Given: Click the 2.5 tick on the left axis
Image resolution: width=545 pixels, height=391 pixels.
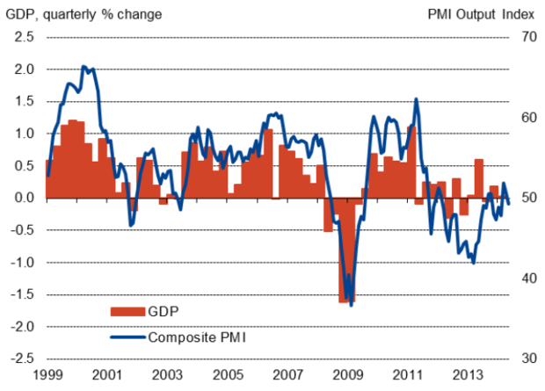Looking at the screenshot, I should pyautogui.click(x=25, y=37).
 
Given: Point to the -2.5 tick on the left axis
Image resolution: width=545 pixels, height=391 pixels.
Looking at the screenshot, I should pyautogui.click(x=23, y=358).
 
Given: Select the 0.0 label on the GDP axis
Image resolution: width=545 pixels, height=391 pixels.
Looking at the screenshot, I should pyautogui.click(x=25, y=198).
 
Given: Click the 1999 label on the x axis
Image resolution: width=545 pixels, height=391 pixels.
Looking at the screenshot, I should pyautogui.click(x=46, y=375).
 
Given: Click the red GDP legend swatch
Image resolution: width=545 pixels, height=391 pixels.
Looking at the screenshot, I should pyautogui.click(x=128, y=311).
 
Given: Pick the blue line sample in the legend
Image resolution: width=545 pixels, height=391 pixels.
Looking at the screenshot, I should pyautogui.click(x=128, y=337).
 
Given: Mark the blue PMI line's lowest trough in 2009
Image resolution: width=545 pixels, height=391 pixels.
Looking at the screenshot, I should pyautogui.click(x=352, y=305).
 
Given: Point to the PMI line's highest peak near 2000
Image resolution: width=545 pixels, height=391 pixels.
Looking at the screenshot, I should pyautogui.click(x=84, y=66).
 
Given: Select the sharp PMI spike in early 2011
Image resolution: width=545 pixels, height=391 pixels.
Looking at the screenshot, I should pyautogui.click(x=416, y=98).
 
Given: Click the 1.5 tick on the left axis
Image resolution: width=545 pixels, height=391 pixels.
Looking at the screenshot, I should pyautogui.click(x=25, y=101).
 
